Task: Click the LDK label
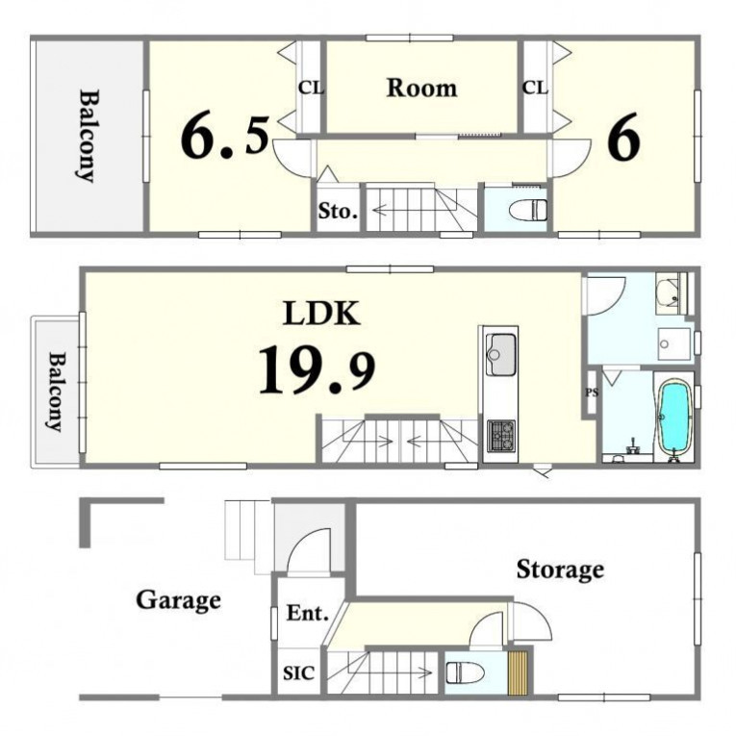pyautogui.click(x=321, y=313)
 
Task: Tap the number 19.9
pyautogui.click(x=317, y=368)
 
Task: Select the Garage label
pyautogui.click(x=178, y=600)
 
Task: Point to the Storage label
pyautogui.click(x=560, y=570)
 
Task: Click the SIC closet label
pyautogui.click(x=298, y=673)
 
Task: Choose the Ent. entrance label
pyautogui.click(x=308, y=613)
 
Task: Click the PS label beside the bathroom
pyautogui.click(x=592, y=393)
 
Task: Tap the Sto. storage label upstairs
pyautogui.click(x=338, y=212)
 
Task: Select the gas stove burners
pyautogui.click(x=501, y=436)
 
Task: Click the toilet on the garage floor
pyautogui.click(x=465, y=673)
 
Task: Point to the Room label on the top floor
pyautogui.click(x=421, y=89)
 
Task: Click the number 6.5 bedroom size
pyautogui.click(x=225, y=137)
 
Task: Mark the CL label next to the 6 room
pyautogui.click(x=535, y=88)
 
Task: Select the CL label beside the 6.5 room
pyautogui.click(x=311, y=88)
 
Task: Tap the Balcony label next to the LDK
pyautogui.click(x=58, y=392)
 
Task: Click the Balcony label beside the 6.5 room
pyautogui.click(x=88, y=136)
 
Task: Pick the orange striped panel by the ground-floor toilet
pyautogui.click(x=519, y=673)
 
